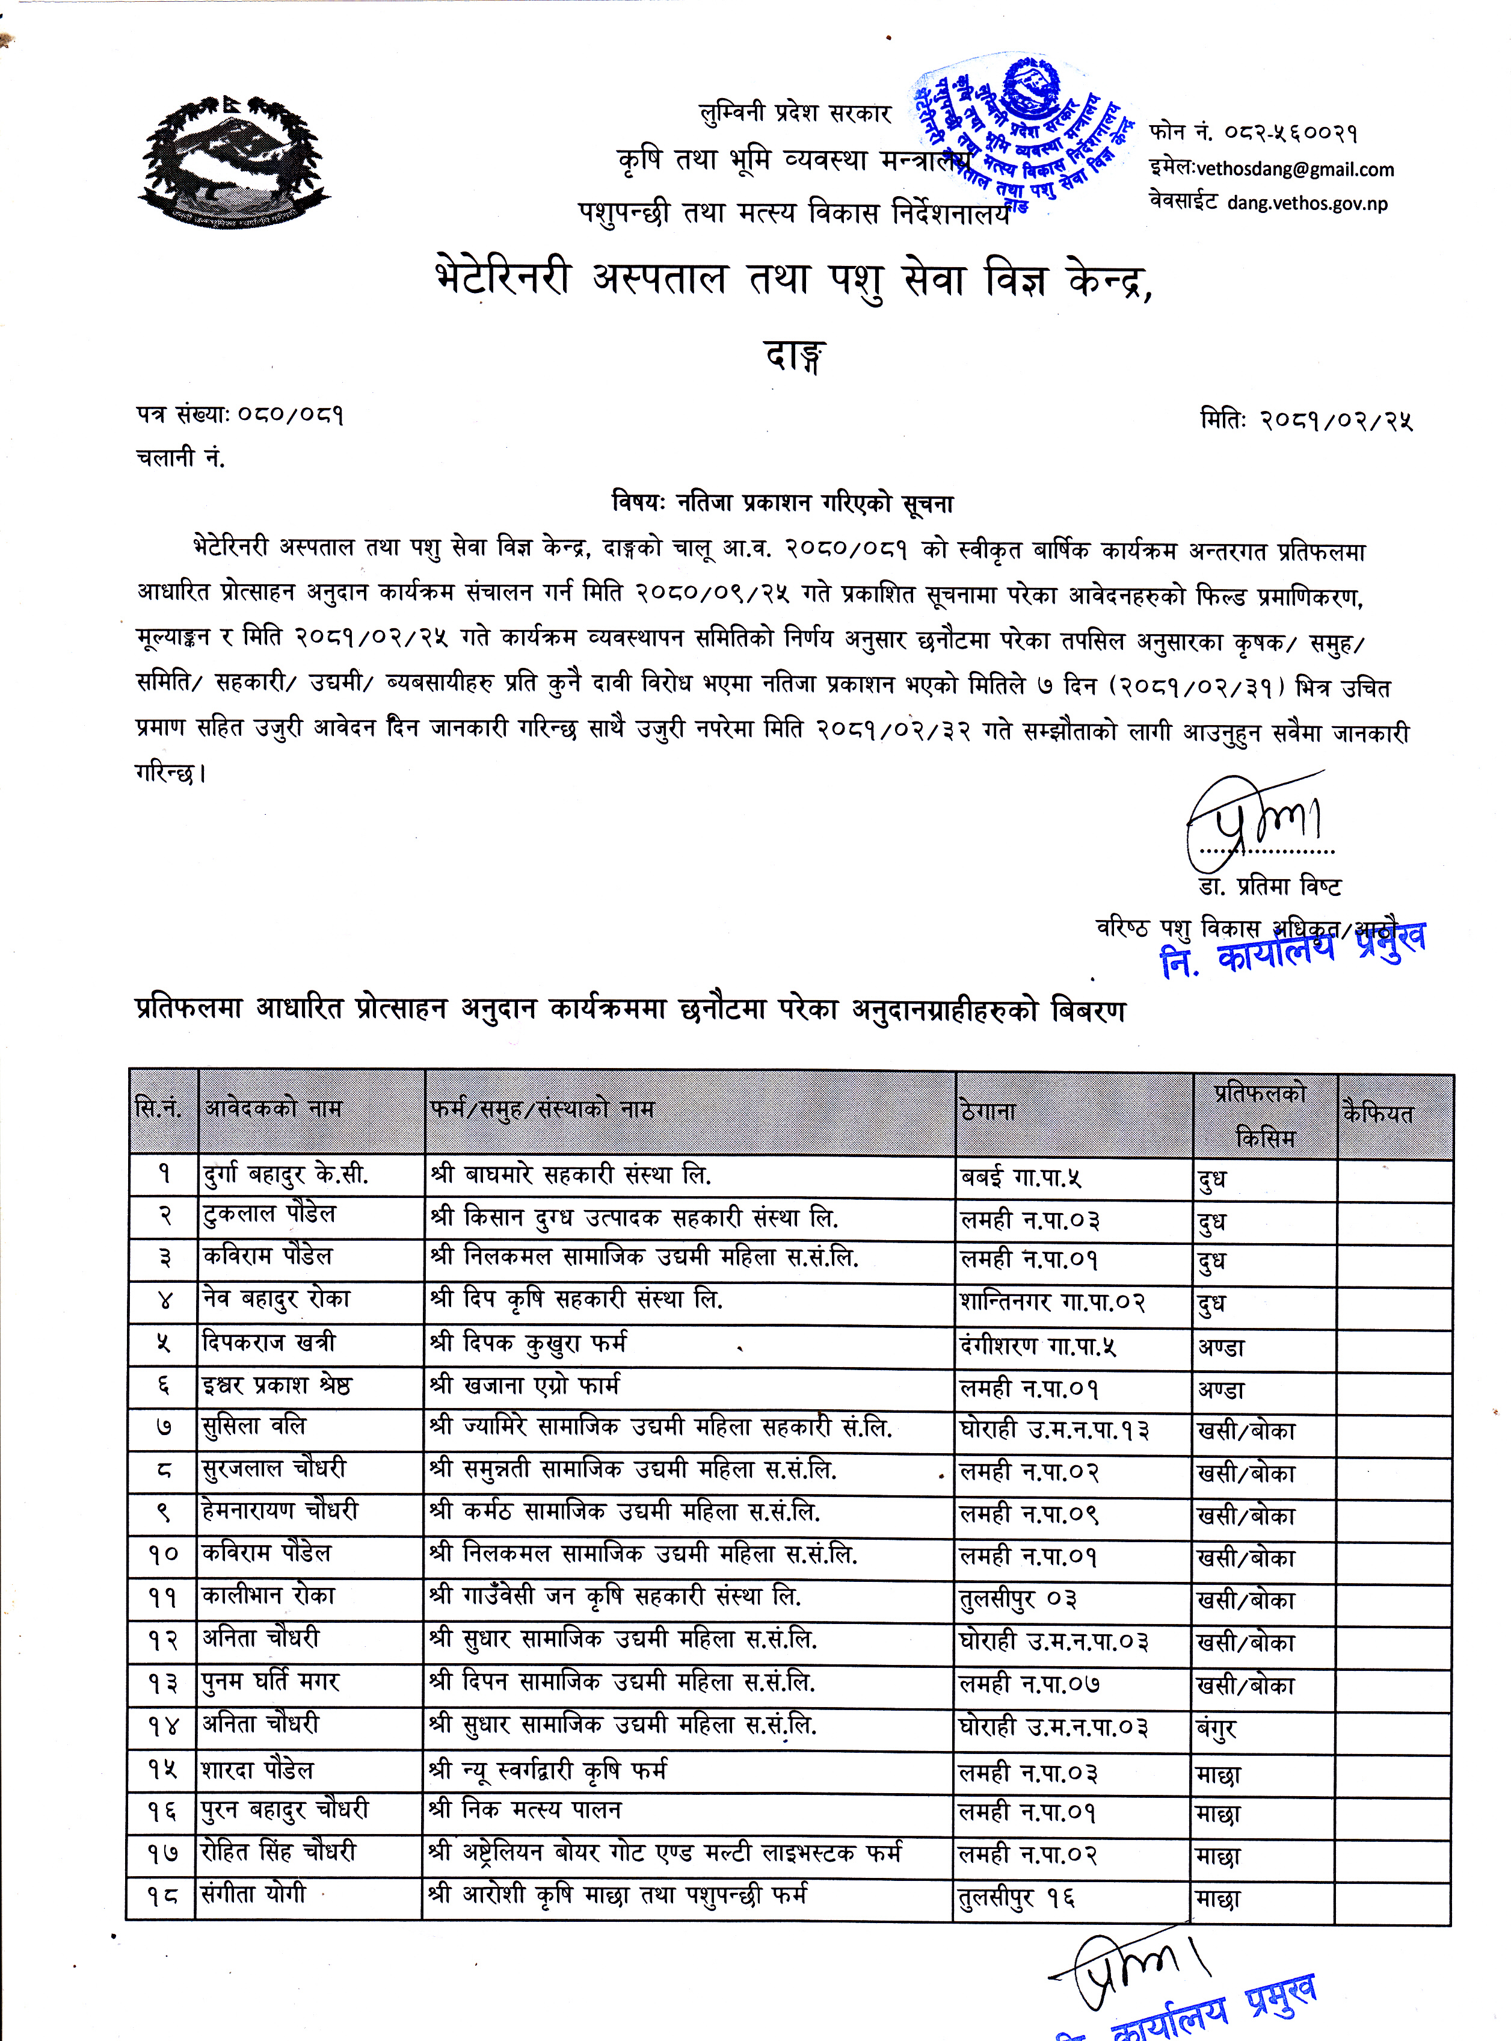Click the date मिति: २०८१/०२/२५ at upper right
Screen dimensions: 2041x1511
[x=1306, y=420]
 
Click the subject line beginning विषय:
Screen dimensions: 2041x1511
[x=782, y=502]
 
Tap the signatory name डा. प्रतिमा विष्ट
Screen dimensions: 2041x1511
[x=1270, y=886]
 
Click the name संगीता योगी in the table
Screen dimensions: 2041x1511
[x=253, y=1893]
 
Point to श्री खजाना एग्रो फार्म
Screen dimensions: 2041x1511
[x=525, y=1386]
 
